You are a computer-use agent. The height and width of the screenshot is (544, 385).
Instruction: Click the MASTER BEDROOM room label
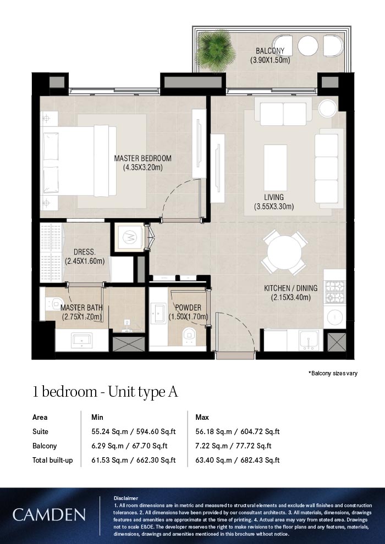coord(142,159)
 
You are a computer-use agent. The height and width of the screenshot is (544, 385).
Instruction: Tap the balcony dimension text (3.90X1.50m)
coord(270,60)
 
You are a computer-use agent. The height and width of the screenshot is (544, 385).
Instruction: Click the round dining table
coord(284,252)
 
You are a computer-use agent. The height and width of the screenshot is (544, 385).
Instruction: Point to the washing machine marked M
coord(129,237)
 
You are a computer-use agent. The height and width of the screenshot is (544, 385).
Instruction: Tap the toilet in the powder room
coord(189,335)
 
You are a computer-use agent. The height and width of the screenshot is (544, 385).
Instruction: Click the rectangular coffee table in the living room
coord(276,168)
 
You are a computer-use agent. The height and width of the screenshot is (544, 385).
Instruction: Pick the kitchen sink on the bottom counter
coord(309,339)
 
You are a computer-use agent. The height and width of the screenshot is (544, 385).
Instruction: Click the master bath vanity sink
coord(81,340)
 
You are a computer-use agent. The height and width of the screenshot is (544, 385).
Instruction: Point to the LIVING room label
coord(273,197)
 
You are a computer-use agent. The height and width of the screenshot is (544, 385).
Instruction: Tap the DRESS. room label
coord(84,253)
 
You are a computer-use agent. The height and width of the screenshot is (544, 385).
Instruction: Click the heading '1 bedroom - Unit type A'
coord(105,392)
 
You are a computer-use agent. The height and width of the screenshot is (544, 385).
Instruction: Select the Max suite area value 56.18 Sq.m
coord(213,431)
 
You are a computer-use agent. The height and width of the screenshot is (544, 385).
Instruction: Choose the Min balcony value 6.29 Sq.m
coord(108,446)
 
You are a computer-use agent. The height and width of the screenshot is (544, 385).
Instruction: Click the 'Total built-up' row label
coord(53,460)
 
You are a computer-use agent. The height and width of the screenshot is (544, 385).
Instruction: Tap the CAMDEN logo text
coord(49,514)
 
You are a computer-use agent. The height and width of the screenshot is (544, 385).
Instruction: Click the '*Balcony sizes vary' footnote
coord(333,373)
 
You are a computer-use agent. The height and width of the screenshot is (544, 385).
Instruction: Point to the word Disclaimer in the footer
coord(125,498)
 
